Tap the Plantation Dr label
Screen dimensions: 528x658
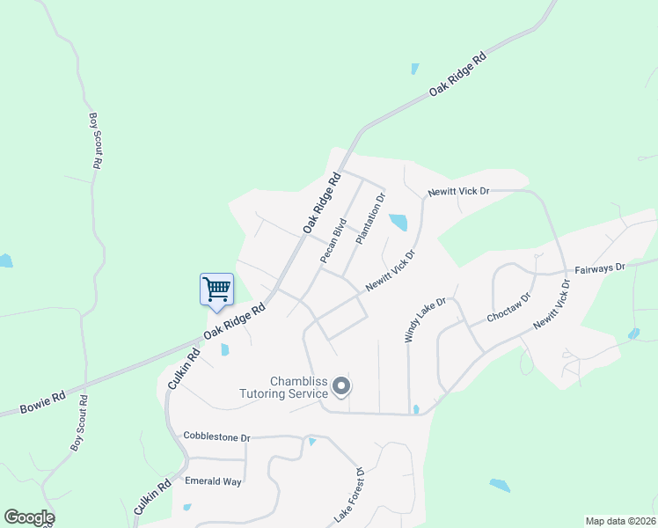371,219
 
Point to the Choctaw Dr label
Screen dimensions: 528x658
509,311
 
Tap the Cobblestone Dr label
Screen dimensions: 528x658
216,436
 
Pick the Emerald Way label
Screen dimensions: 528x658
213,481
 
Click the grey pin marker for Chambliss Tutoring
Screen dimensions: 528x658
343,386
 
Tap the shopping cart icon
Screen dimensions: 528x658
216,288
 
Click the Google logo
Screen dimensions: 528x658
29,517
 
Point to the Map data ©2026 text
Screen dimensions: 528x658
620,521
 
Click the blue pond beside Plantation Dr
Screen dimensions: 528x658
398,222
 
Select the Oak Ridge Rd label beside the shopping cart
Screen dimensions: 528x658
235,322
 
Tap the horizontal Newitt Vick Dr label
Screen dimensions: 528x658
457,191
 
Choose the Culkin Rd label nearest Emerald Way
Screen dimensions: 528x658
153,497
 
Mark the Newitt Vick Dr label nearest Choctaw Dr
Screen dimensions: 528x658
553,304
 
